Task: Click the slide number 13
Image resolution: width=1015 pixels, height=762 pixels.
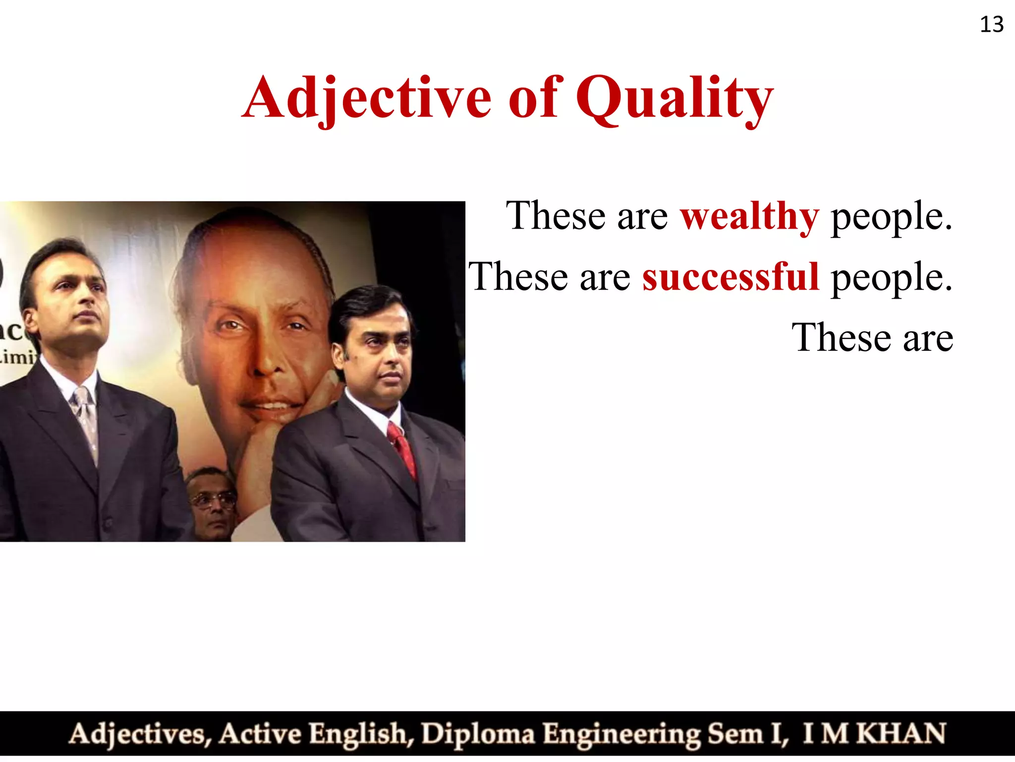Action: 992,24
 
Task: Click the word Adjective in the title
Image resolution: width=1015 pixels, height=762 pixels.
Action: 367,98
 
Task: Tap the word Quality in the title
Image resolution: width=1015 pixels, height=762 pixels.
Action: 675,98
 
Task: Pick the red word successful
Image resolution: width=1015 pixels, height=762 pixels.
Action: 731,277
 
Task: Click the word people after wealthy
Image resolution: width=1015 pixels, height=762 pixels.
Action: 891,217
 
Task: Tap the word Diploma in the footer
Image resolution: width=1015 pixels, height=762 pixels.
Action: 478,734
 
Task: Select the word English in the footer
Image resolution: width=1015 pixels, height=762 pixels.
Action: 361,734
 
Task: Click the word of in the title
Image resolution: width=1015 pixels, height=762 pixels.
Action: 534,98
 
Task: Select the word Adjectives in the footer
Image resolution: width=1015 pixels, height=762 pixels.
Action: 140,734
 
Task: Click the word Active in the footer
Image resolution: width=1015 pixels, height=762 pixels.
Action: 260,734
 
